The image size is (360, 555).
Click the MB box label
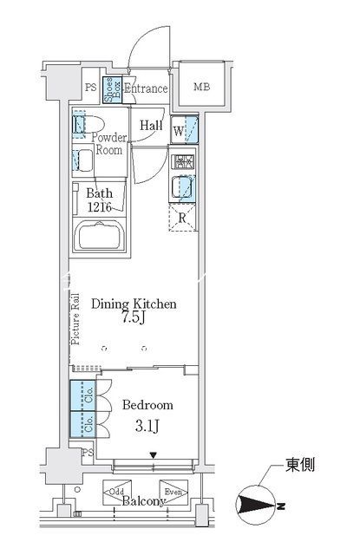pyautogui.click(x=201, y=87)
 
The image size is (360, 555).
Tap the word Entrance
pyautogui.click(x=145, y=88)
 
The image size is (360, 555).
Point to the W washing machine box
pyautogui.click(x=185, y=130)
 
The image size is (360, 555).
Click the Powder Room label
pyautogui.click(x=108, y=142)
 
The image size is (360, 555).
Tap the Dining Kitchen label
pyautogui.click(x=135, y=304)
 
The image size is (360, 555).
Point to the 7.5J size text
pyautogui.click(x=134, y=319)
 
